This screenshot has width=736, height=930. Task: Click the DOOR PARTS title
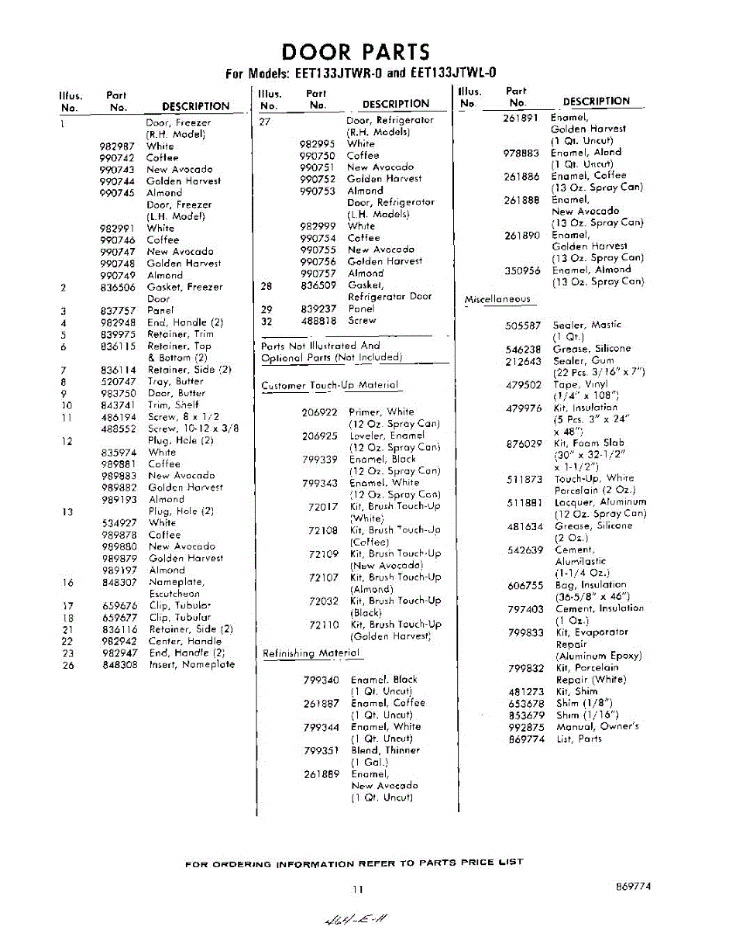pos(356,52)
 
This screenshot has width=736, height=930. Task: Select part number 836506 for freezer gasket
pos(118,288)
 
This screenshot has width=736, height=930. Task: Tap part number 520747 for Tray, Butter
pos(118,381)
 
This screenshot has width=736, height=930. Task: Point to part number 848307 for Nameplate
pos(119,582)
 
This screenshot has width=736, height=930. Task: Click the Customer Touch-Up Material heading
pos(330,385)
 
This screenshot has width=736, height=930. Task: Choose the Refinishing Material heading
pos(311,653)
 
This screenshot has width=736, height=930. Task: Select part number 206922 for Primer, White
pos(319,412)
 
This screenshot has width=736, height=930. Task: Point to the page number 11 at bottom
pos(357,890)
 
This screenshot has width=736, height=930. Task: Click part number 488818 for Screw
pos(318,320)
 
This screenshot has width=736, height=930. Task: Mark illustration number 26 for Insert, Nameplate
pos(68,665)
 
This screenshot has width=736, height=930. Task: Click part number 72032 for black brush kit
pos(324,601)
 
